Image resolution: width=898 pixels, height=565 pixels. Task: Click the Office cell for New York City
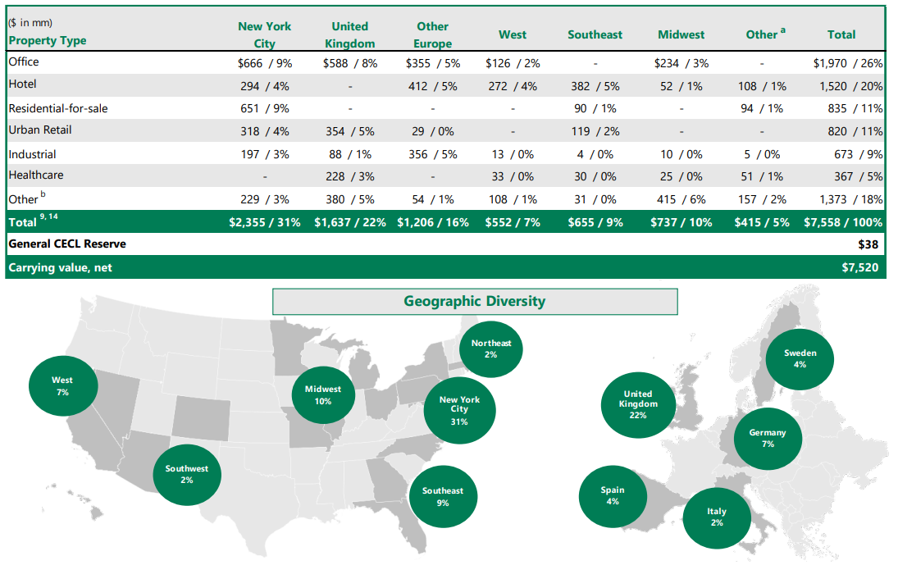264,62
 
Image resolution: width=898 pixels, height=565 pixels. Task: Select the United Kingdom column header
349,34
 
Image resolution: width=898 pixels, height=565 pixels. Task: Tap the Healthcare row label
35,175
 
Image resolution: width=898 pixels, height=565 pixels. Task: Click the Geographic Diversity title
474,301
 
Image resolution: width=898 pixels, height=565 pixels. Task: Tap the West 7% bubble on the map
62,386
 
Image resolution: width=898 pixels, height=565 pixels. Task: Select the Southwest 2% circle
187,474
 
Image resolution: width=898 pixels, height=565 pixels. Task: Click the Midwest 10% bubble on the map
323,395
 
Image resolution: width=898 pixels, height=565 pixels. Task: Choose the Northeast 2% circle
490,349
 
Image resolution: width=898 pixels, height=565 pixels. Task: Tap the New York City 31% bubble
459,410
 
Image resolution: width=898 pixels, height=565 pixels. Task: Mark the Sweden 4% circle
800,358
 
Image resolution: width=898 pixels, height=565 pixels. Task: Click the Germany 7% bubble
767,438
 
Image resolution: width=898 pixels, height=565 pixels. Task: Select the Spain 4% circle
613,495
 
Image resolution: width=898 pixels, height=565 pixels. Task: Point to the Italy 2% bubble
716,517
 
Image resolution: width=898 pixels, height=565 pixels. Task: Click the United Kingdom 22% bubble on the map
637,404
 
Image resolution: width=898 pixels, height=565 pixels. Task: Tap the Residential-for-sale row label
57,108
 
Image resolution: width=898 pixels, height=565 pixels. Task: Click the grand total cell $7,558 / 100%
843,222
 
